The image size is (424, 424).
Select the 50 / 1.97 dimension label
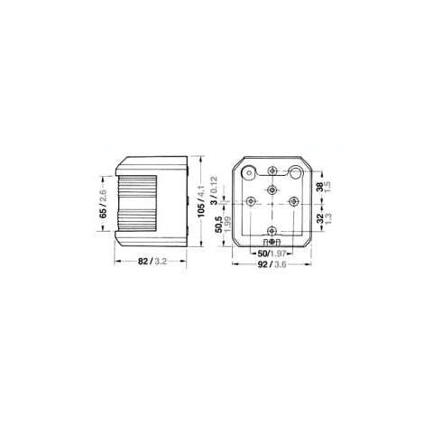point(267,254)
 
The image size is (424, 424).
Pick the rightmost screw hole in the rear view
point(293,201)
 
